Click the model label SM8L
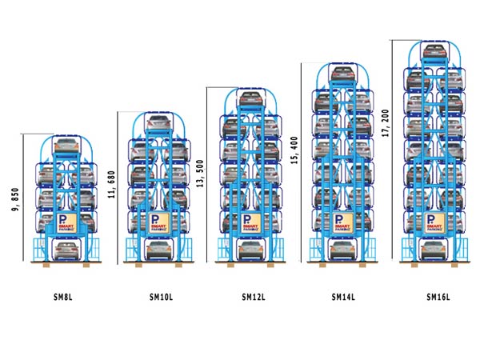point(62,297)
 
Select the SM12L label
point(254,297)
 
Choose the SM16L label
point(438,297)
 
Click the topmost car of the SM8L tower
point(66,146)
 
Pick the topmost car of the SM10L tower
point(158,123)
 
